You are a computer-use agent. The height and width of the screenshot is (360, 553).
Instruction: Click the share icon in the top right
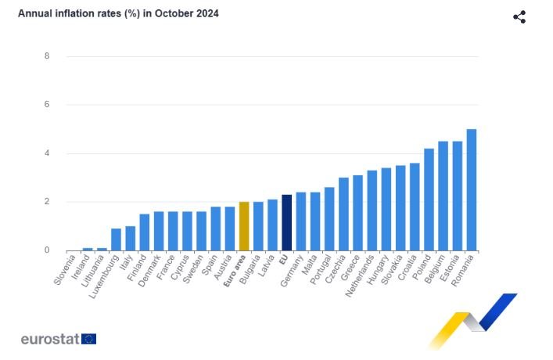pyautogui.click(x=519, y=16)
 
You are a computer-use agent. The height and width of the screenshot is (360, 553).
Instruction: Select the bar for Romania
pyautogui.click(x=472, y=190)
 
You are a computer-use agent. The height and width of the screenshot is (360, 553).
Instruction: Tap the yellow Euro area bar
pyautogui.click(x=244, y=226)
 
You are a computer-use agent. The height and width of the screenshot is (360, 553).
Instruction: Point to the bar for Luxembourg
pyautogui.click(x=116, y=239)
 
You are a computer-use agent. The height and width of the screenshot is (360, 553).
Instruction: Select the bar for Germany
pyautogui.click(x=300, y=221)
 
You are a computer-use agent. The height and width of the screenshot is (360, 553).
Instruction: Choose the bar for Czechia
pyautogui.click(x=343, y=214)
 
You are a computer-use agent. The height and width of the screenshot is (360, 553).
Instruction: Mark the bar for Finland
pyautogui.click(x=145, y=232)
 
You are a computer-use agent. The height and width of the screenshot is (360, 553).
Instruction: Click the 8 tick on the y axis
pyautogui.click(x=47, y=56)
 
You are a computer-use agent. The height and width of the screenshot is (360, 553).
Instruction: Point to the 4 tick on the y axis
pyautogui.click(x=47, y=153)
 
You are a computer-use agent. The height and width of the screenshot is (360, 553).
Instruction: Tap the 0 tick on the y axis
pyautogui.click(x=47, y=250)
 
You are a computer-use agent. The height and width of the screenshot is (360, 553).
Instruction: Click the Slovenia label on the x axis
pyautogui.click(x=66, y=270)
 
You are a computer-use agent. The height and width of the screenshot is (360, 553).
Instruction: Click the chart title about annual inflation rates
pyautogui.click(x=118, y=14)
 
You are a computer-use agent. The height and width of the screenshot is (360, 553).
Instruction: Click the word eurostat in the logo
pyautogui.click(x=48, y=340)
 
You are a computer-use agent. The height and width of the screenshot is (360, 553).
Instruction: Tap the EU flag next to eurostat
pyautogui.click(x=88, y=339)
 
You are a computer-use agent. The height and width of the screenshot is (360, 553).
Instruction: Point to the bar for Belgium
pyautogui.click(x=443, y=196)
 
